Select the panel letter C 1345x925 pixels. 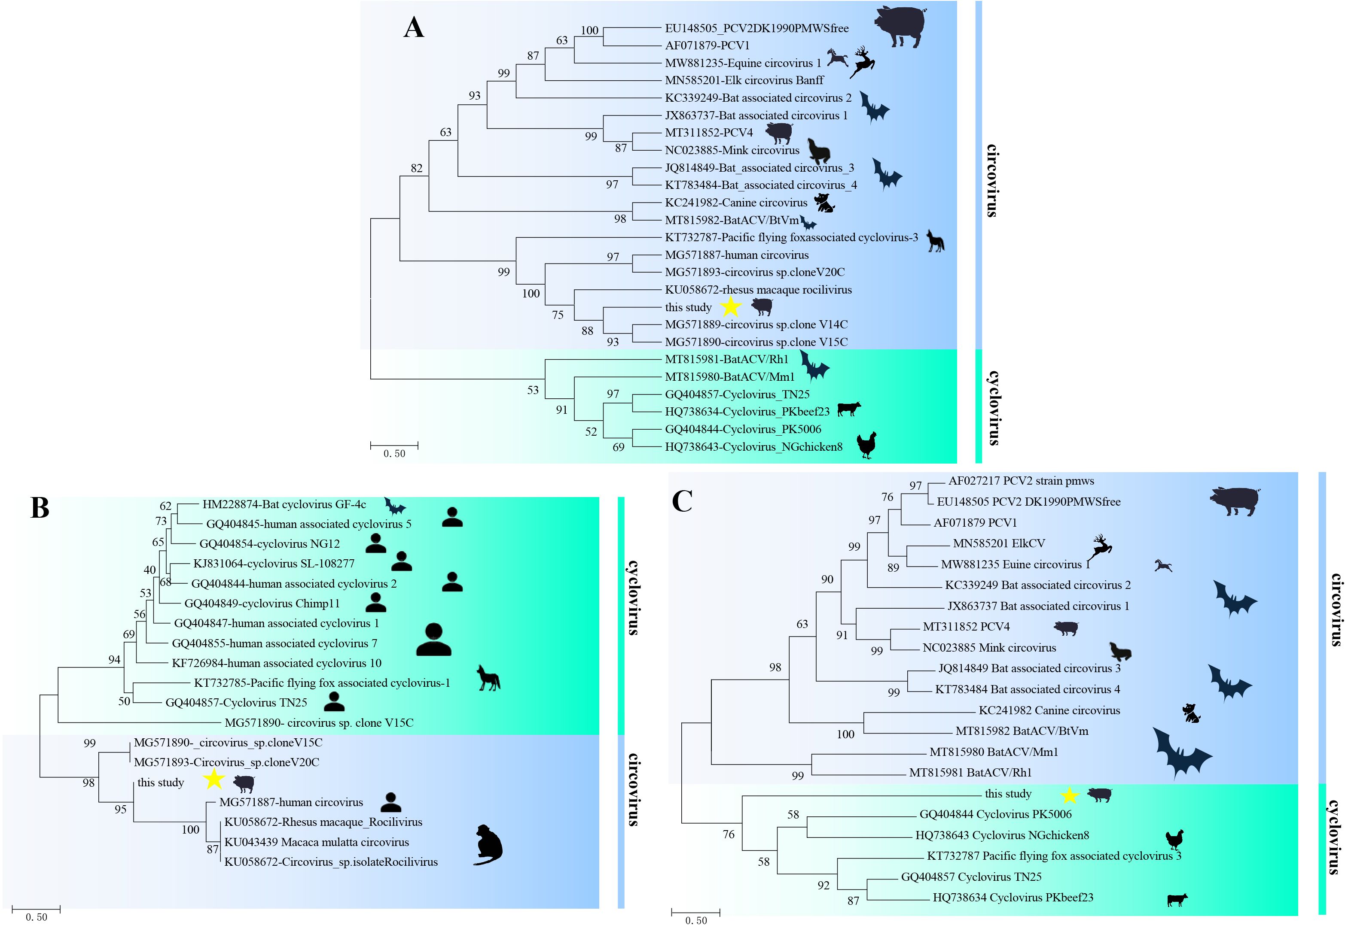682,501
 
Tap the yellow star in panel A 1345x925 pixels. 731,307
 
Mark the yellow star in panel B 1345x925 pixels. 214,779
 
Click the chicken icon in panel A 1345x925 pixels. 866,445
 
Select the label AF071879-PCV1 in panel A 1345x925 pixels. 707,45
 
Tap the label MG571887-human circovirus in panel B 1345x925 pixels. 291,802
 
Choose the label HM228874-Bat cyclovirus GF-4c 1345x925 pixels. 284,504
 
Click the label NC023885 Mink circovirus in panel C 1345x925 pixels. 989,647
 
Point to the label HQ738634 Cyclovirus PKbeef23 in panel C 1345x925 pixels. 1013,897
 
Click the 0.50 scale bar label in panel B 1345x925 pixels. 37,917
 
